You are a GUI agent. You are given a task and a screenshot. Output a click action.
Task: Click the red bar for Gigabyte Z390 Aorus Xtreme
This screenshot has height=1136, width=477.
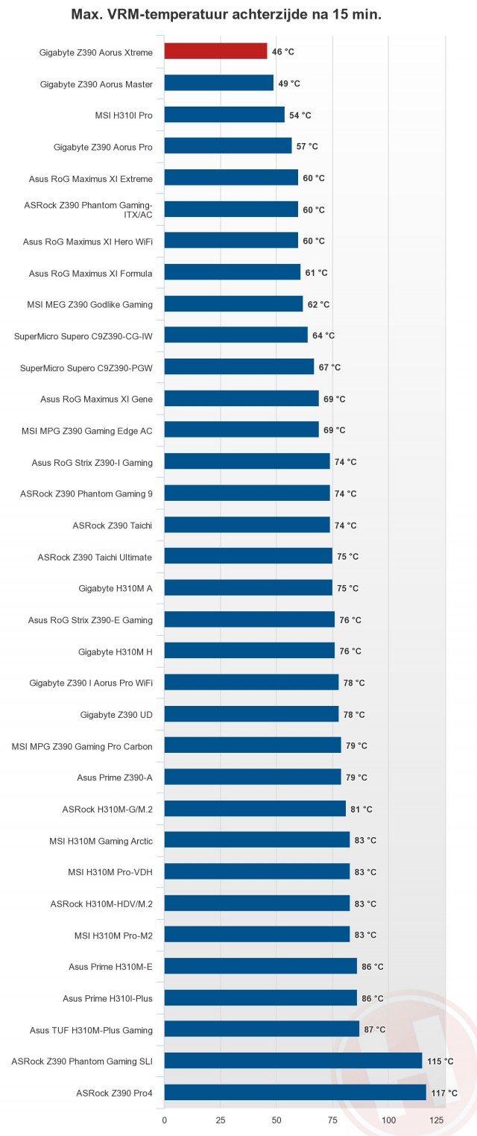[215, 51]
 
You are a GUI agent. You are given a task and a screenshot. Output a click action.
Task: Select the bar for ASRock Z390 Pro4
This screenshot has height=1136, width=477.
[294, 1092]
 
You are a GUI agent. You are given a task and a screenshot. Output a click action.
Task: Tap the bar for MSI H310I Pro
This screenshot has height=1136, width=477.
[224, 115]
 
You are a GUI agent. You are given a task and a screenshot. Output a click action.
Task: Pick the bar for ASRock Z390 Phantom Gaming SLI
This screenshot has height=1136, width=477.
[293, 1061]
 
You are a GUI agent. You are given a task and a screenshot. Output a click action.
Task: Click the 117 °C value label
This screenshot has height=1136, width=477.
[444, 1093]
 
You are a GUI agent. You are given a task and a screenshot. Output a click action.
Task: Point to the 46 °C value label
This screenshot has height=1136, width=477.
[283, 52]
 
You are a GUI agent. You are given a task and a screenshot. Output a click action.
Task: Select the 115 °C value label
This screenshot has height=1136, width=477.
[440, 1061]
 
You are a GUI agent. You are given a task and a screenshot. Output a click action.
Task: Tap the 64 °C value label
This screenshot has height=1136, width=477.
[323, 335]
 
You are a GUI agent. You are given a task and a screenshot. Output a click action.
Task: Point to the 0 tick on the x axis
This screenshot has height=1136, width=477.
[164, 1120]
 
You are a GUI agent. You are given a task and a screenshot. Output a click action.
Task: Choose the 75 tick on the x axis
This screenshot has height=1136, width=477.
[332, 1120]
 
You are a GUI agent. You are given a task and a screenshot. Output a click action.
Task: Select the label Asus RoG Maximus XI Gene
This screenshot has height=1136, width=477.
[96, 400]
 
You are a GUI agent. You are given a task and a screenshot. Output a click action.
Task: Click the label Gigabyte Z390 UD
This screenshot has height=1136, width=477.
[116, 715]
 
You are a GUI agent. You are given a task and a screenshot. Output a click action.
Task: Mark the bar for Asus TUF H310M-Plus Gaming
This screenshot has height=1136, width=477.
[262, 1029]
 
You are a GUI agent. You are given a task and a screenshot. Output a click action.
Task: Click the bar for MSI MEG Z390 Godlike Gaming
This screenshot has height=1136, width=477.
[233, 304]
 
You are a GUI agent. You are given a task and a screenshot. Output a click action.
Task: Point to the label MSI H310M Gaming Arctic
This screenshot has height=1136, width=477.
[101, 841]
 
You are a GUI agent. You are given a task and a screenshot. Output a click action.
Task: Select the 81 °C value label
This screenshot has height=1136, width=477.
[361, 810]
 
